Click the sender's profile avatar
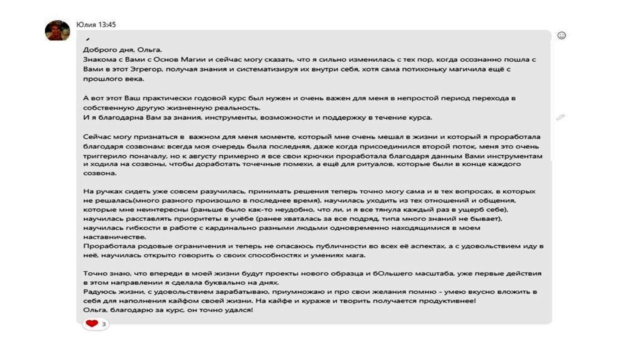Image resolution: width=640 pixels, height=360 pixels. pos(57,30)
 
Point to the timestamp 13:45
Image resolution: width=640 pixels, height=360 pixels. pos(107,24)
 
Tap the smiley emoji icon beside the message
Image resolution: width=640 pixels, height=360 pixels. pos(561,35)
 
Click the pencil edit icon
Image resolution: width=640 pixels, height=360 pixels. pos(560,117)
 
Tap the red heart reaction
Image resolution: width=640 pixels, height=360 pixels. pos(91,324)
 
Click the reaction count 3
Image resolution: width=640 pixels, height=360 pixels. pos(103,324)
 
